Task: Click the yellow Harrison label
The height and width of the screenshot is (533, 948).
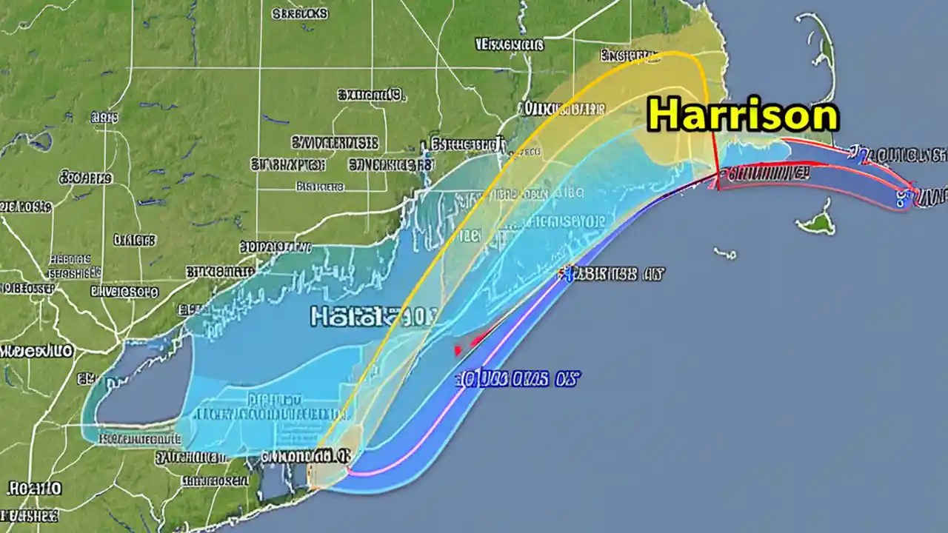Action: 743,115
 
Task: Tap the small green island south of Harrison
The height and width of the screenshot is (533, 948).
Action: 817,221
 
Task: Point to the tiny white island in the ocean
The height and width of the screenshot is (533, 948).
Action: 725,253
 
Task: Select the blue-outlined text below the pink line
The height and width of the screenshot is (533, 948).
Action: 516,380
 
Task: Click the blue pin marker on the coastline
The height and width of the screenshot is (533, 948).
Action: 567,275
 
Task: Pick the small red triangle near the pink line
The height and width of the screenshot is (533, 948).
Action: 459,349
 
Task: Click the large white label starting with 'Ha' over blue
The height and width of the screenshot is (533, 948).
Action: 374,317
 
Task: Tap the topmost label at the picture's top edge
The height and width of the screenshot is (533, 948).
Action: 300,13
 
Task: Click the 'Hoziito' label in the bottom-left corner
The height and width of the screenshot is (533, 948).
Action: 35,488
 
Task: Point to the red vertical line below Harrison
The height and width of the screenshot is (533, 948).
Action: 715,159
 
